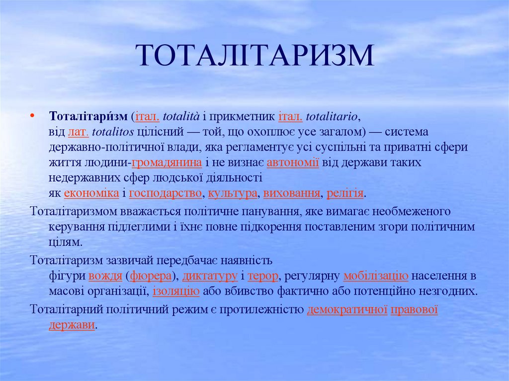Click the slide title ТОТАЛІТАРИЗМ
[x=254, y=56]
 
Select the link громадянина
[x=167, y=162]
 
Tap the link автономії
[x=293, y=162]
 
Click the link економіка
[x=91, y=193]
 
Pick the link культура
[x=233, y=193]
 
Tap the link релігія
[x=345, y=193]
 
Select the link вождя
[x=105, y=276]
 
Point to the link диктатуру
[x=209, y=276]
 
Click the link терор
[x=262, y=276]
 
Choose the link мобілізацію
[x=375, y=276]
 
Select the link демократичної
[x=347, y=310]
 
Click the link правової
[x=414, y=310]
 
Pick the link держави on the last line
[x=72, y=325]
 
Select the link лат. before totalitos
[x=78, y=132]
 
